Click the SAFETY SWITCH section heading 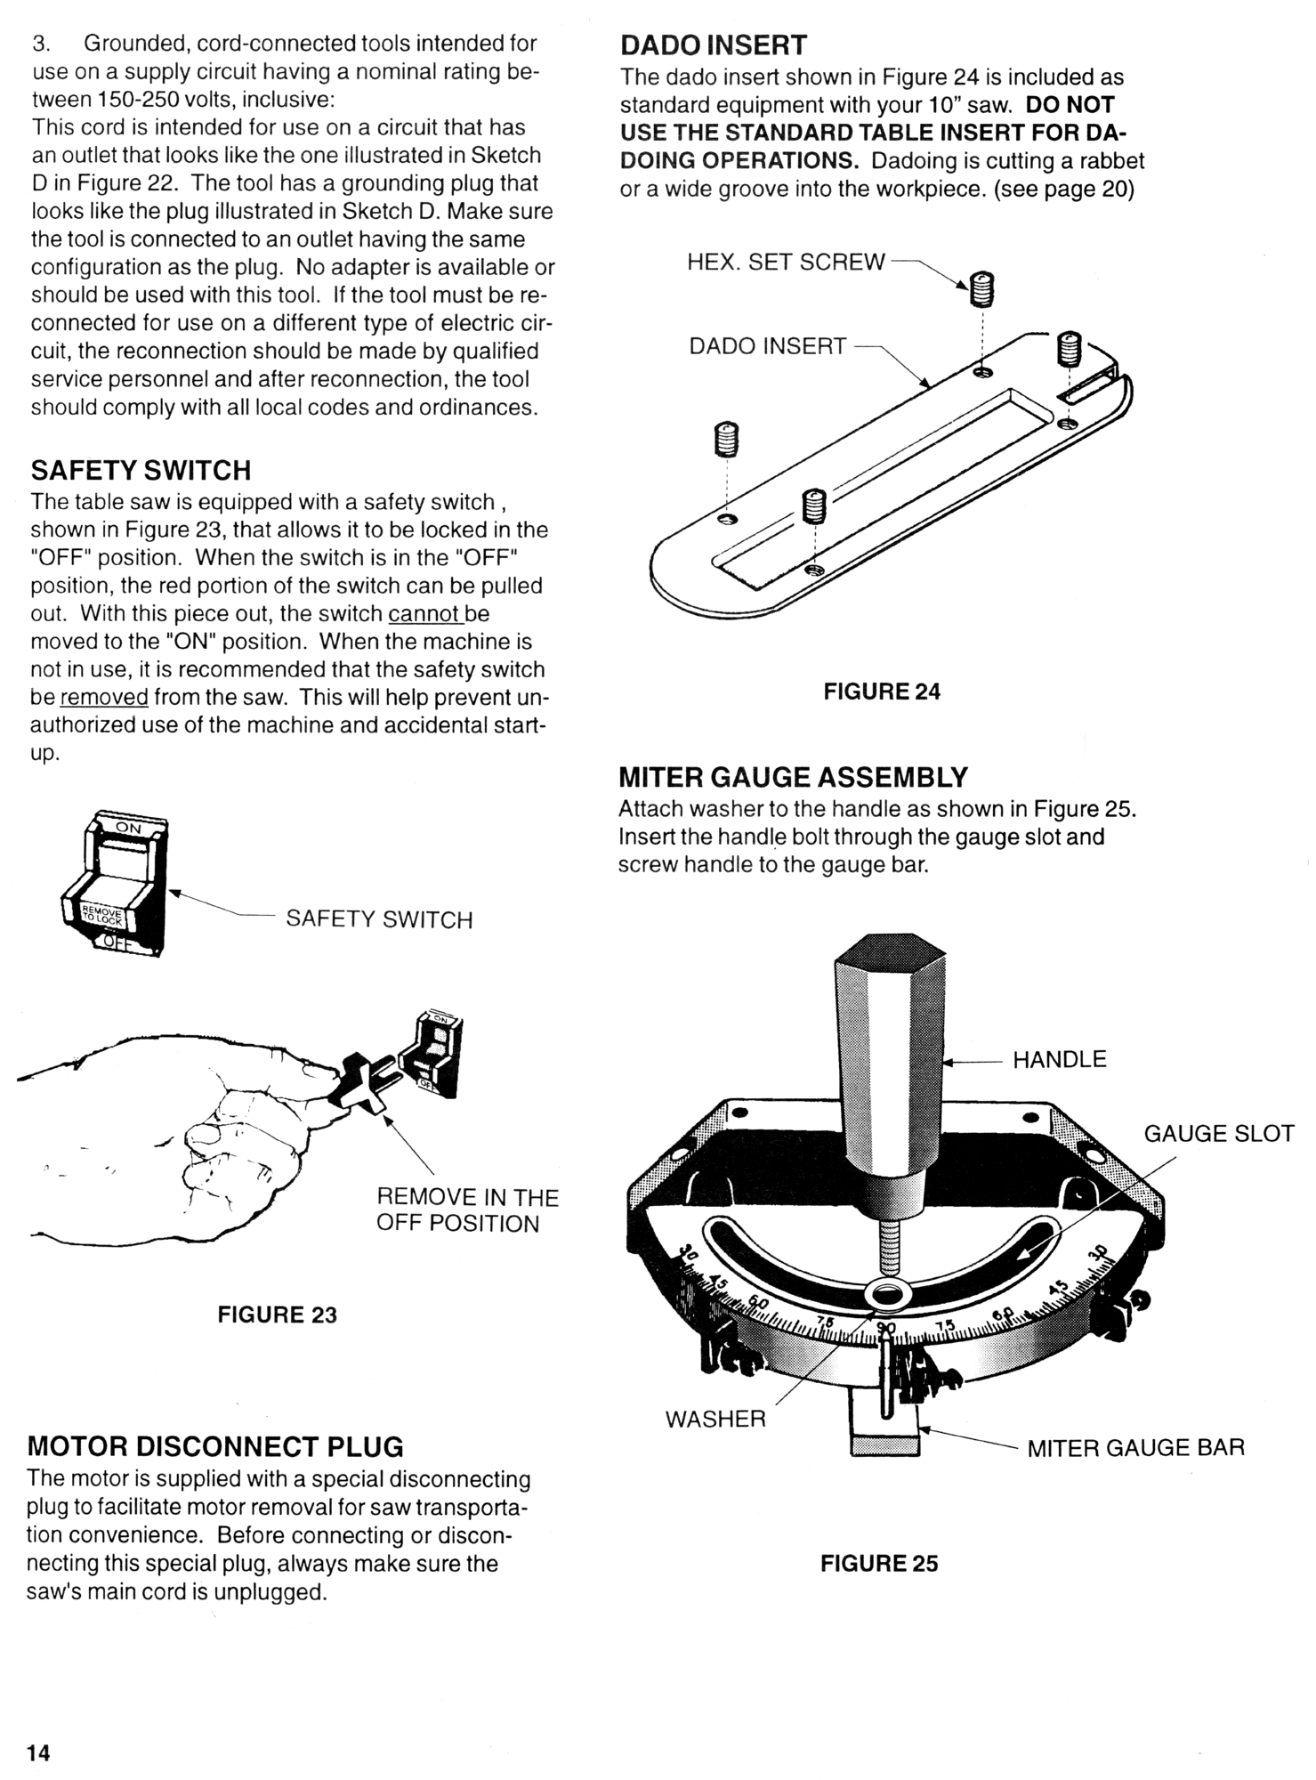[x=141, y=470]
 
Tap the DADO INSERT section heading [x=713, y=45]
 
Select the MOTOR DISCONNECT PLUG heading [x=215, y=1445]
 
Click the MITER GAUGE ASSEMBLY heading [x=793, y=777]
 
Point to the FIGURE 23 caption [x=278, y=1315]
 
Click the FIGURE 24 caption [x=881, y=692]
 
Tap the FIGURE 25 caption [x=879, y=1564]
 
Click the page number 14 [x=38, y=1753]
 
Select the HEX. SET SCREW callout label [x=786, y=262]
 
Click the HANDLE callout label [x=1059, y=1059]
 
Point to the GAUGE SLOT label [x=1218, y=1134]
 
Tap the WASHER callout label [x=715, y=1419]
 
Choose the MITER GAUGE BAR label [x=1135, y=1448]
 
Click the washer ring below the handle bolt [x=884, y=1295]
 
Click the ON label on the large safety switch [x=128, y=828]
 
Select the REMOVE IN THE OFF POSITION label [x=466, y=1210]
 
